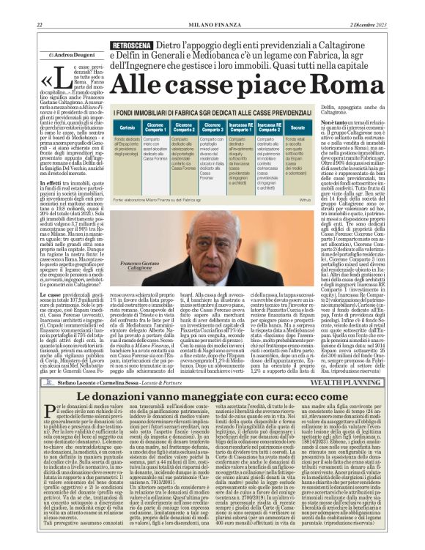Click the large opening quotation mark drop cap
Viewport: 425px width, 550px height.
pos(45,81)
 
